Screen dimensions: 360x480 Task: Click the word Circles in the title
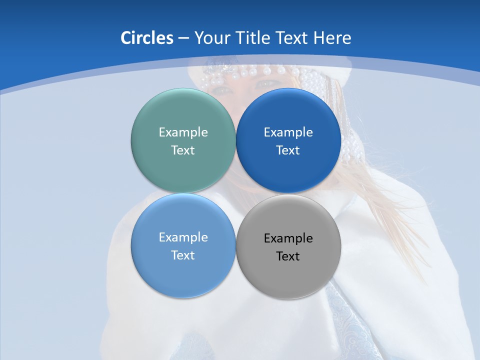point(146,38)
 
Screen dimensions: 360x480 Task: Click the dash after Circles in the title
point(183,38)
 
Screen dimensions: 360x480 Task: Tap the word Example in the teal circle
point(183,132)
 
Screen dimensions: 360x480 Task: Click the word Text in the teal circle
point(183,150)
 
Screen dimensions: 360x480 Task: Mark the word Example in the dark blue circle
point(288,132)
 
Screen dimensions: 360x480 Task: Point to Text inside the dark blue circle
point(288,150)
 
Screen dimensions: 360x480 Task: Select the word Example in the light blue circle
point(183,237)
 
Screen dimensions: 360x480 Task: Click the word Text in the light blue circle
point(183,255)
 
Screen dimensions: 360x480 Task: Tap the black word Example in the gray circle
point(288,238)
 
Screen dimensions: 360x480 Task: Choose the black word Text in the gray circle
point(288,256)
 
